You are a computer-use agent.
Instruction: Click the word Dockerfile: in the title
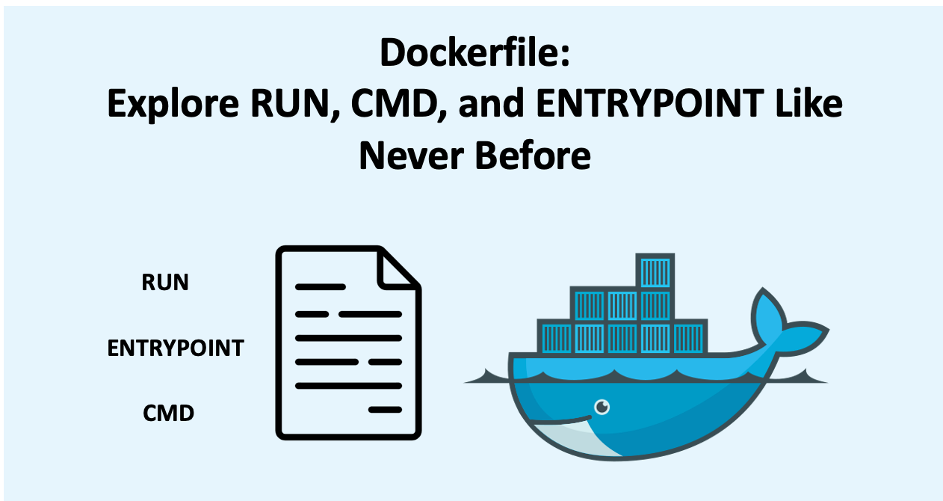point(474,55)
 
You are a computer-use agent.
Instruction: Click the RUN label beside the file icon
point(165,283)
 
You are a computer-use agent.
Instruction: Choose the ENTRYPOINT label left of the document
point(176,348)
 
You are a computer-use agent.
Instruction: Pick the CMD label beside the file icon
point(169,412)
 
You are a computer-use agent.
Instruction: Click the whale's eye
point(602,407)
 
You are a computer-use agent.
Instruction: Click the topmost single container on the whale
point(655,271)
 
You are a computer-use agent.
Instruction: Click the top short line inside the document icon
point(320,286)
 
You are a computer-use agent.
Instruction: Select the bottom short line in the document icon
point(386,409)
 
